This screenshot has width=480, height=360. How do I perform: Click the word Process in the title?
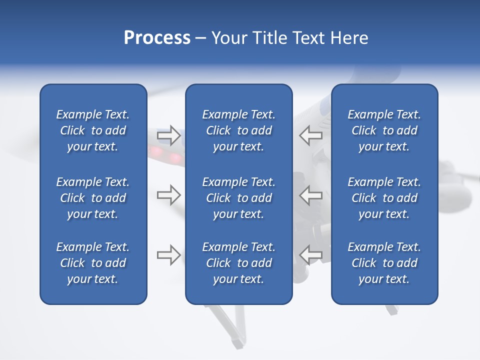pyautogui.click(x=157, y=38)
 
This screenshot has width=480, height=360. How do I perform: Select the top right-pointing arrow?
pyautogui.click(x=169, y=135)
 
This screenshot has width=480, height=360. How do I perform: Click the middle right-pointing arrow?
pyautogui.click(x=169, y=195)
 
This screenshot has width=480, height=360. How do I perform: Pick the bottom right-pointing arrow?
pyautogui.click(x=169, y=255)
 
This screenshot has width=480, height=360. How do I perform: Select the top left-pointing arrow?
pyautogui.click(x=310, y=135)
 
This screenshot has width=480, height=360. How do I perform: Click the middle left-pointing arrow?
pyautogui.click(x=310, y=195)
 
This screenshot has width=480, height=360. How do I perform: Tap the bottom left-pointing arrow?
pyautogui.click(x=310, y=255)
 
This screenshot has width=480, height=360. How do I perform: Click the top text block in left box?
pyautogui.click(x=93, y=130)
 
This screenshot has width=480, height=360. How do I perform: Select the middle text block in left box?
pyautogui.click(x=93, y=198)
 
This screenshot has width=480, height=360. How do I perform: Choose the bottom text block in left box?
pyautogui.click(x=93, y=263)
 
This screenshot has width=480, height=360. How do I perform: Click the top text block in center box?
pyautogui.click(x=238, y=130)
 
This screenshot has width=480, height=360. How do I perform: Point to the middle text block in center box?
pyautogui.click(x=238, y=198)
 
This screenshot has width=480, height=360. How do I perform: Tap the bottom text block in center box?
pyautogui.click(x=238, y=263)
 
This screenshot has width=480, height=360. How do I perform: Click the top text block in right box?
pyautogui.click(x=384, y=130)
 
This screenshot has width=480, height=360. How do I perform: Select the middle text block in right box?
pyautogui.click(x=384, y=198)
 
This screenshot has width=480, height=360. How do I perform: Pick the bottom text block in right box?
pyautogui.click(x=384, y=263)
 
